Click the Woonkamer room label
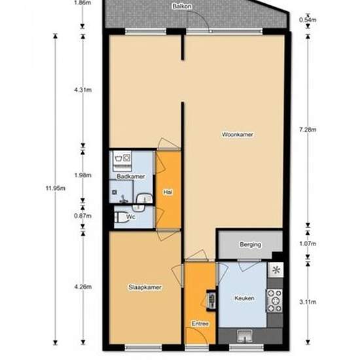pos(237,134)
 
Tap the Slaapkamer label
pos(145,287)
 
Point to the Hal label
pos(167,192)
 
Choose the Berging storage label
pos(251,245)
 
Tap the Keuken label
pos(244,298)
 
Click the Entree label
pos(200,323)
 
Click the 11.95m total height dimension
pos(55,189)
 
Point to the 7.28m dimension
pos(308,129)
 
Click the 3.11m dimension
pos(308,302)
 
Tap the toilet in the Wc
pos(119,217)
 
